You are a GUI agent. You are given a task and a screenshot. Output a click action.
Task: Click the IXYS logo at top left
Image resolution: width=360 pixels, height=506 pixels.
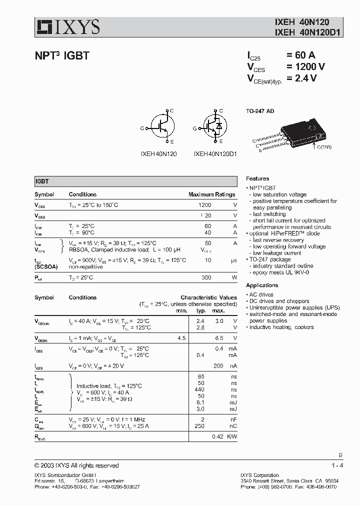[x=67, y=26]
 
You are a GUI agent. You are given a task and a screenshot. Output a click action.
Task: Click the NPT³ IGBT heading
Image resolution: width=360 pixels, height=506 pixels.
[x=61, y=56]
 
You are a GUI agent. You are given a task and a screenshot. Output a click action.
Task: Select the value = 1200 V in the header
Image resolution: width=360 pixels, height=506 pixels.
[x=305, y=66]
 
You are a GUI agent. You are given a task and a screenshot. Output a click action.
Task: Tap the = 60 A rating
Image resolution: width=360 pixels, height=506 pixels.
[x=300, y=55]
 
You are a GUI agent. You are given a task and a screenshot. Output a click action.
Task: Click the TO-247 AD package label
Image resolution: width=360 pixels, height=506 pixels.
[x=260, y=110]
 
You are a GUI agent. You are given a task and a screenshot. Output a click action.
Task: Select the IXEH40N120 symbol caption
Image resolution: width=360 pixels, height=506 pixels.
[x=158, y=154]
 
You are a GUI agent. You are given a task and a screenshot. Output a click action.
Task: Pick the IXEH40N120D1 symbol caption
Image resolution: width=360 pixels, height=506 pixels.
[x=215, y=154]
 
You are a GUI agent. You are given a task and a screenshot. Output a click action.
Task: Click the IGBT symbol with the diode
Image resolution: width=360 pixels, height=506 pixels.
[x=214, y=128]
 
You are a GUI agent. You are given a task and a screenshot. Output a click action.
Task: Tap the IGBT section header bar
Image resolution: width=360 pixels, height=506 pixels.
[x=135, y=182]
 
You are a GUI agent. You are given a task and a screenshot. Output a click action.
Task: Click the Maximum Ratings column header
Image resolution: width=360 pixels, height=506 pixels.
[x=211, y=194]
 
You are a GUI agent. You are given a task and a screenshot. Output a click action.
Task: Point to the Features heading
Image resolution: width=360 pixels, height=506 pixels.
[x=257, y=178]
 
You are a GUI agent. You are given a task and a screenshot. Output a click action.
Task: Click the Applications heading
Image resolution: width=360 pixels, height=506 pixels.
[x=262, y=285]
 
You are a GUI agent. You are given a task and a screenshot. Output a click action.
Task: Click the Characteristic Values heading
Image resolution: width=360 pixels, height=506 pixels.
[x=208, y=297]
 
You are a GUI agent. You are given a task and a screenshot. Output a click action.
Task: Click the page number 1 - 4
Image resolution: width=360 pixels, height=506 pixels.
[x=337, y=465]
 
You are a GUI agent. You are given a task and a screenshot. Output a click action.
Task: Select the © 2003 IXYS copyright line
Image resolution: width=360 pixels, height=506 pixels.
[x=76, y=465]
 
